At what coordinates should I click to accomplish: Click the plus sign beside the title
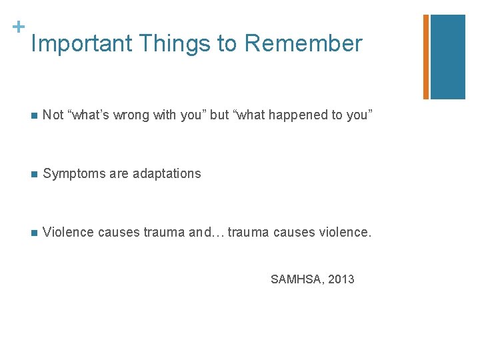19,27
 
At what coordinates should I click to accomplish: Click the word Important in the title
82,43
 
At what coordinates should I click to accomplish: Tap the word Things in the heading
175,44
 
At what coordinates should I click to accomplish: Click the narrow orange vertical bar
426,57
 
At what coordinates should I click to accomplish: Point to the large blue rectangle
448,57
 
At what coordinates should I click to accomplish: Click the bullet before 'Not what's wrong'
34,116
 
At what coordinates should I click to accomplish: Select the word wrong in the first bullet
131,115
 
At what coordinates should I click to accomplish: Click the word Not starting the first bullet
53,115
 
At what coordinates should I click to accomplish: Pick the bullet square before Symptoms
34,175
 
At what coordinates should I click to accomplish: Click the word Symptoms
75,174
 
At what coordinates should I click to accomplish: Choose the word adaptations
167,173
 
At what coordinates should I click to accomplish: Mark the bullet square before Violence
34,233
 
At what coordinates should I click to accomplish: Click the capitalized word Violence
68,232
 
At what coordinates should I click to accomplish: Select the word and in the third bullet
200,232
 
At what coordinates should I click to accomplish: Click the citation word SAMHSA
296,279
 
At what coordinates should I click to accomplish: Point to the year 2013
341,279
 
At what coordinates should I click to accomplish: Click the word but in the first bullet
219,115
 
